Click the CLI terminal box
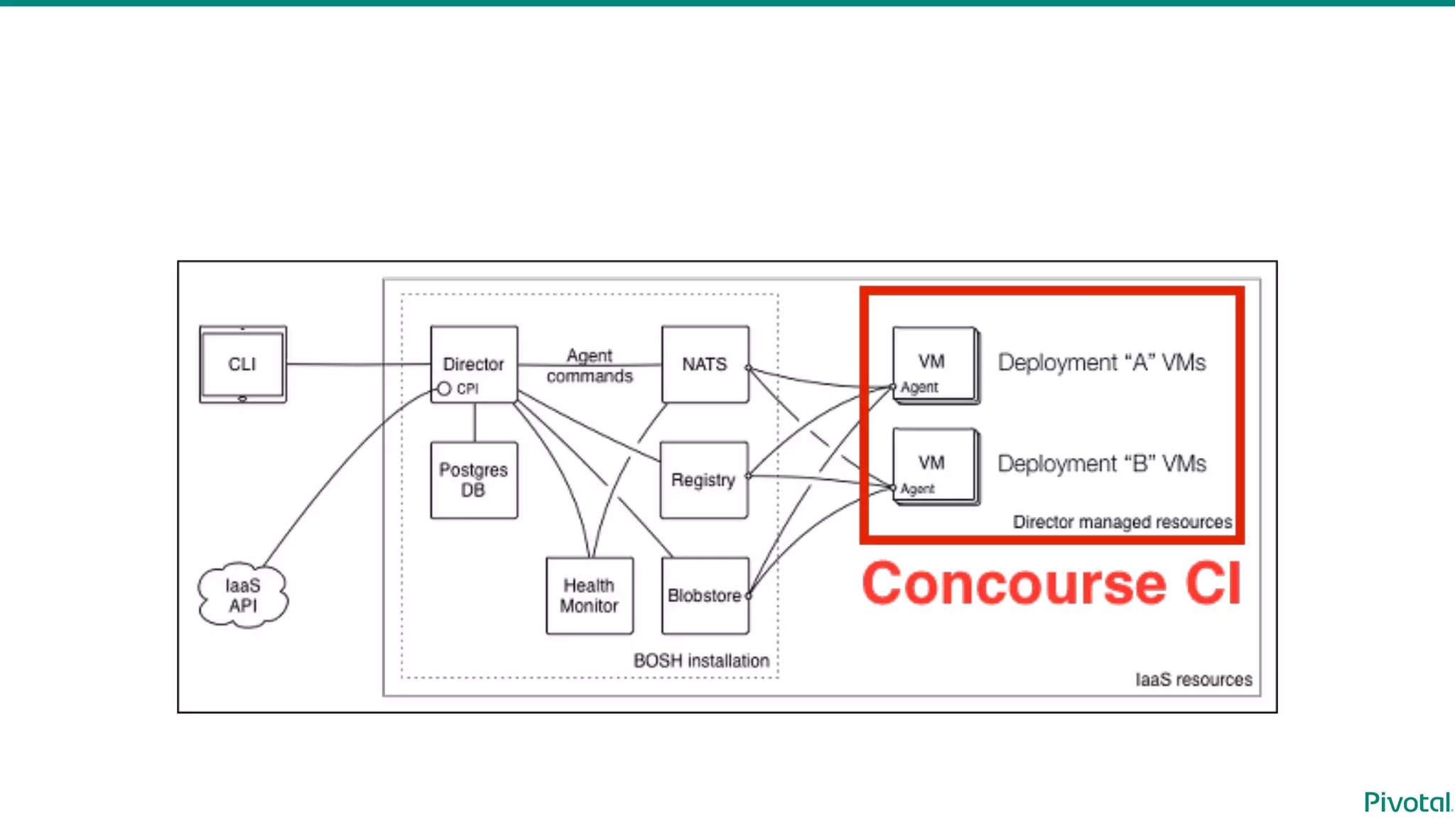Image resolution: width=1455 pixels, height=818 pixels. [242, 364]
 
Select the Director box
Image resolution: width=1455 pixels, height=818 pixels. [474, 364]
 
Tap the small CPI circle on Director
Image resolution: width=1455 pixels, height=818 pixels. [444, 388]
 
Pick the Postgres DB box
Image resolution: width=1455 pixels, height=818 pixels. [474, 480]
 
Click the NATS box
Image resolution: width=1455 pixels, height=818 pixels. [705, 364]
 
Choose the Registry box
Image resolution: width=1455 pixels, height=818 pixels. [703, 480]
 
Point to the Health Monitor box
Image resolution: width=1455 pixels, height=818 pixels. [589, 595]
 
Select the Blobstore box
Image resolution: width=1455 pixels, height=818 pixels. [705, 595]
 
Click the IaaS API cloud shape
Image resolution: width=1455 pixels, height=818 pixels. [243, 595]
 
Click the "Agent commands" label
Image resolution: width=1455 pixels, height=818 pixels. [590, 366]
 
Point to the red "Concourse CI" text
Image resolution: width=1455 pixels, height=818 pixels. [1051, 584]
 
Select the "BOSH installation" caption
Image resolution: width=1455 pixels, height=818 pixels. [701, 660]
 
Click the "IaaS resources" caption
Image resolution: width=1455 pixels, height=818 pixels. [1194, 680]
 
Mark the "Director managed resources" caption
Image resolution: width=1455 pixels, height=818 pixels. [1122, 522]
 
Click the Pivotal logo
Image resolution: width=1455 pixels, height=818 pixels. [1407, 802]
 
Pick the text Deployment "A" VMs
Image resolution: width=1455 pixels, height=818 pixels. [1101, 362]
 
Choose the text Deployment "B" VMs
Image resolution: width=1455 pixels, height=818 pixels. [1101, 464]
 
